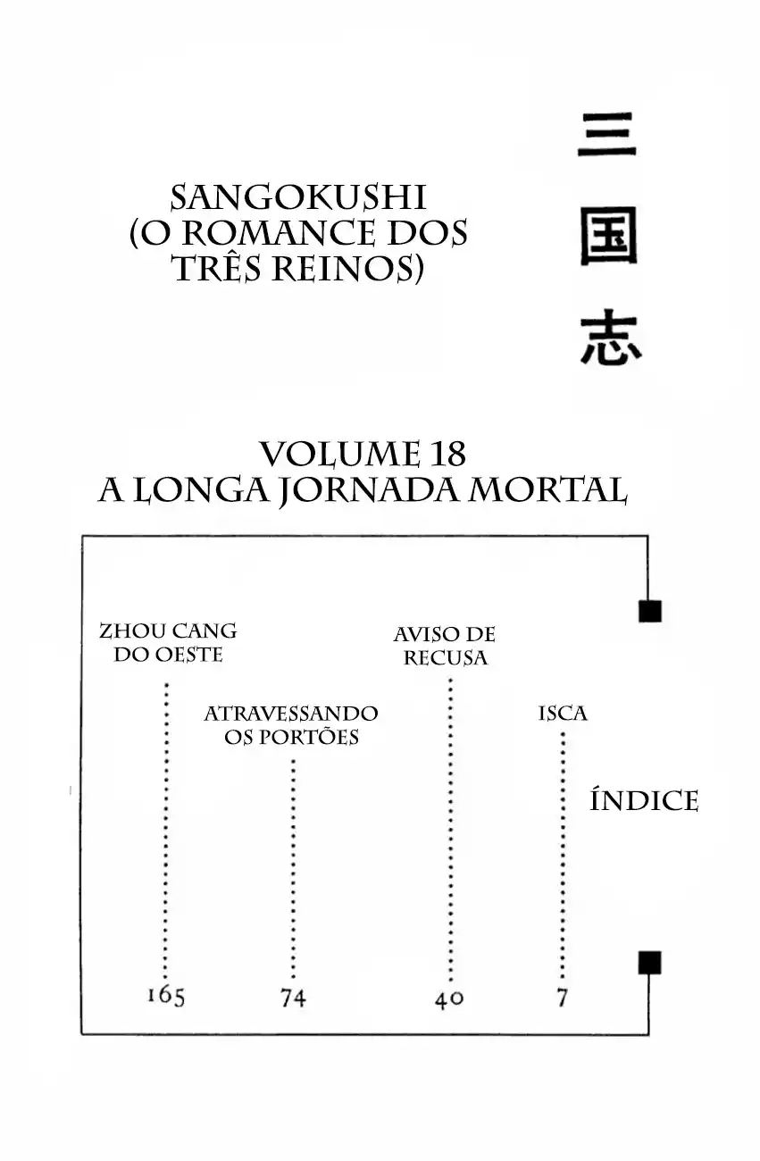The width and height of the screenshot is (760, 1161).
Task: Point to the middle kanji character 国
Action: tap(608, 239)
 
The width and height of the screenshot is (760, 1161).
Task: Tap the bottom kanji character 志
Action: tap(610, 339)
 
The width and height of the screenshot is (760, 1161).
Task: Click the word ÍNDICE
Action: tap(644, 801)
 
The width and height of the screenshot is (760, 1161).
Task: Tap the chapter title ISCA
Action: tap(563, 714)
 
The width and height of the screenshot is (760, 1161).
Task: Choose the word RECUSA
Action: tap(446, 658)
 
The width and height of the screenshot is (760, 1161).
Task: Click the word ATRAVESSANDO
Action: tap(291, 714)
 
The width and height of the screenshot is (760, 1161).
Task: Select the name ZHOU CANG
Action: tap(168, 631)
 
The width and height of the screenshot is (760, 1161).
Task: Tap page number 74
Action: tap(293, 998)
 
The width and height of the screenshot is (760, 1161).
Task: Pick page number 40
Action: tap(449, 999)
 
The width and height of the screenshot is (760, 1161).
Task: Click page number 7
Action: tap(563, 998)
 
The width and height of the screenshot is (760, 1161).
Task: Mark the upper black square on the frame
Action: tap(649, 611)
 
